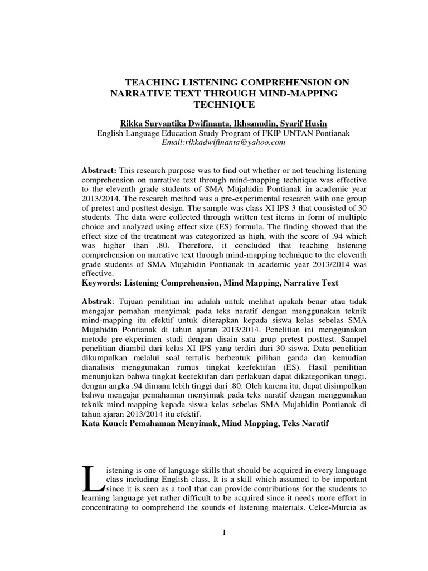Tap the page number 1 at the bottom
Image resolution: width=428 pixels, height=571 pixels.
pos(223,533)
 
